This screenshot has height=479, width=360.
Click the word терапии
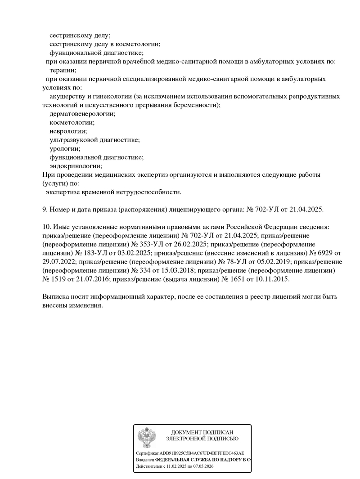click(x=63, y=70)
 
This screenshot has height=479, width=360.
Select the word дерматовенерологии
click(x=82, y=114)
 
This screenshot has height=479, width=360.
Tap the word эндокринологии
click(x=76, y=166)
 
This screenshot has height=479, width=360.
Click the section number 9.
click(x=45, y=210)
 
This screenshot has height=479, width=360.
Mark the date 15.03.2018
click(x=176, y=270)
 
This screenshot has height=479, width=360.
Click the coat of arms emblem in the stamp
click(x=146, y=437)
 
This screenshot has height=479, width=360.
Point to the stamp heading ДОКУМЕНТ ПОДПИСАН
click(x=202, y=432)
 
